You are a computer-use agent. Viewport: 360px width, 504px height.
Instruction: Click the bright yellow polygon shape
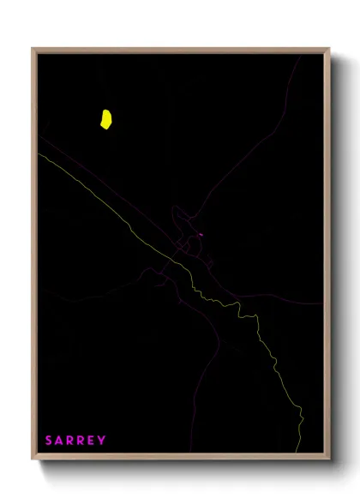pyautogui.click(x=105, y=118)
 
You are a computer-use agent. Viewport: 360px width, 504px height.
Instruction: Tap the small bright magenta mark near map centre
pyautogui.click(x=200, y=235)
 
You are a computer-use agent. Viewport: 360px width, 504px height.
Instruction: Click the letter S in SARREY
pyautogui.click(x=49, y=441)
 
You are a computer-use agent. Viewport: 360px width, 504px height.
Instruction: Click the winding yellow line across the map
pyautogui.click(x=257, y=334)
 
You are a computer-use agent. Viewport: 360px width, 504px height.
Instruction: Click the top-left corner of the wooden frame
pyautogui.click(x=33, y=49)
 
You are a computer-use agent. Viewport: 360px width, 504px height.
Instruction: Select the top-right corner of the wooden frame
pyautogui.click(x=329, y=49)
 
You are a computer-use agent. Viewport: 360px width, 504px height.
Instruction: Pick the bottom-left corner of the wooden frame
pyautogui.click(x=33, y=459)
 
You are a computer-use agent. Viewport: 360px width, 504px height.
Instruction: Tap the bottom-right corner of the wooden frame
pyautogui.click(x=329, y=459)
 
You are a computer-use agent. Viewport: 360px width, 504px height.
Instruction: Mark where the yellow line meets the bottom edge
pyautogui.click(x=299, y=452)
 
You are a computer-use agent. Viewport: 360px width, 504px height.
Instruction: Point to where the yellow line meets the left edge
pyautogui.click(x=39, y=154)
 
